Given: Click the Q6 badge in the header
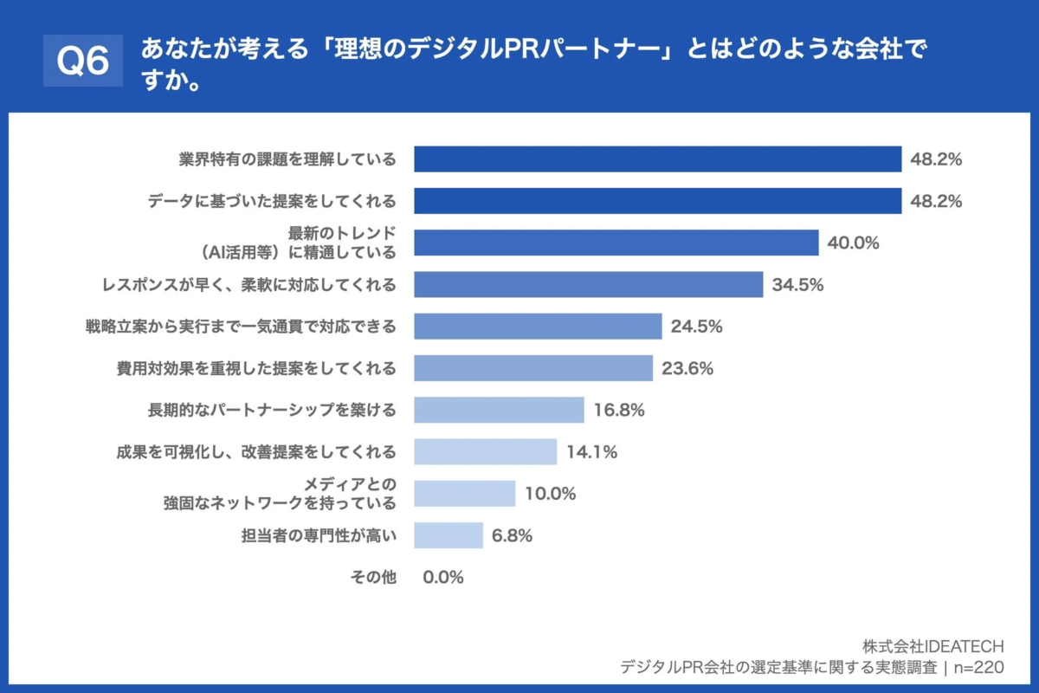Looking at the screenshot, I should [x=83, y=61].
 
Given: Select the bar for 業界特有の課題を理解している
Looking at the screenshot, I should [x=658, y=159].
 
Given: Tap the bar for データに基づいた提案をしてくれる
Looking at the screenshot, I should [x=658, y=201].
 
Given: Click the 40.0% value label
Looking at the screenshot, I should [x=853, y=243].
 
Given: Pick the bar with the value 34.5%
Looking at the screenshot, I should [x=589, y=284].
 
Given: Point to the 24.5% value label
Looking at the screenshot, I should [x=696, y=327].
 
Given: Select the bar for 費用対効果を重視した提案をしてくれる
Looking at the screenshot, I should [x=533, y=368].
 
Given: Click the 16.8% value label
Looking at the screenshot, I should [x=618, y=411].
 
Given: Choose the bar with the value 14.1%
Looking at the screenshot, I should [x=486, y=452].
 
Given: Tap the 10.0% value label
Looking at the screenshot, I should [x=550, y=494].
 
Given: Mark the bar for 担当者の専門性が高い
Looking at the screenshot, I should [x=449, y=535].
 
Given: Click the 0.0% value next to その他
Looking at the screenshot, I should [x=443, y=578].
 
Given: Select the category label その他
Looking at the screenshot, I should [x=373, y=578].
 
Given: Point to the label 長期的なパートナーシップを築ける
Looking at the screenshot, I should [x=272, y=411].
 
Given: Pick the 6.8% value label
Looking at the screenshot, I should [x=512, y=535].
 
